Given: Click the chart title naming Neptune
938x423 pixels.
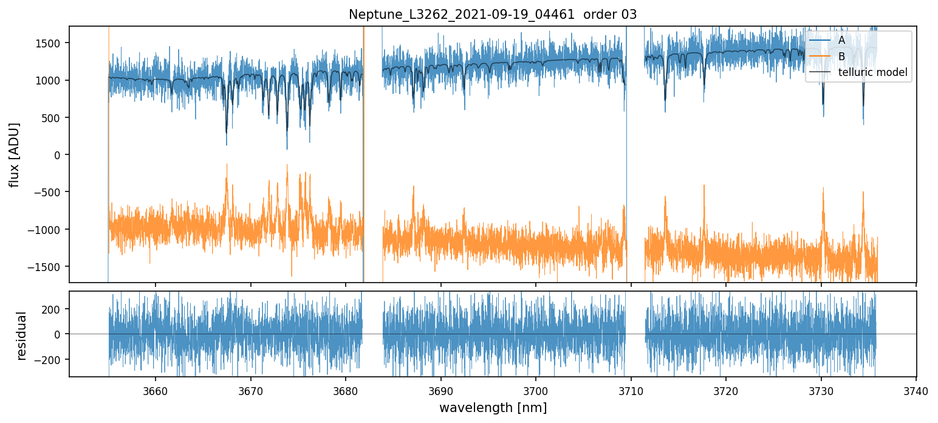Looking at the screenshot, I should click(493, 15).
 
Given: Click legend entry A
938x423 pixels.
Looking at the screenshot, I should click(841, 40).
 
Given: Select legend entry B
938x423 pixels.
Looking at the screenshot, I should click(841, 57).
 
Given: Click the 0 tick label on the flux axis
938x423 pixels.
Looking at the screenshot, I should click(60, 155).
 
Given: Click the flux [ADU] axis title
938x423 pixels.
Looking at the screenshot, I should click(13, 154).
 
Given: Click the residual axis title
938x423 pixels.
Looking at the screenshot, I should click(22, 335).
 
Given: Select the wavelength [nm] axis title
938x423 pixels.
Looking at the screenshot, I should click(493, 407).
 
